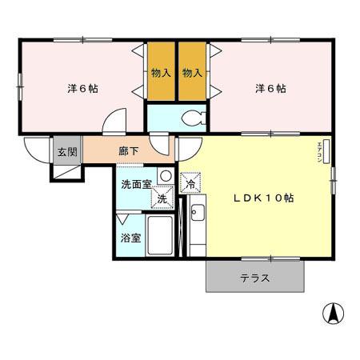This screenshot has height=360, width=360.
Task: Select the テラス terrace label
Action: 254,279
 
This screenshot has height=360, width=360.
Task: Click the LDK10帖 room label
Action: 262,198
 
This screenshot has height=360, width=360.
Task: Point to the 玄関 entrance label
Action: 65,150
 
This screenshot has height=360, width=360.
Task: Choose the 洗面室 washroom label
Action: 136,183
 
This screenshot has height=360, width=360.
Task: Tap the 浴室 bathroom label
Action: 130,238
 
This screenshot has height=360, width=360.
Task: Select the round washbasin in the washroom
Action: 165,176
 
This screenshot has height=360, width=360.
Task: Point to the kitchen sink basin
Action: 198,213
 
